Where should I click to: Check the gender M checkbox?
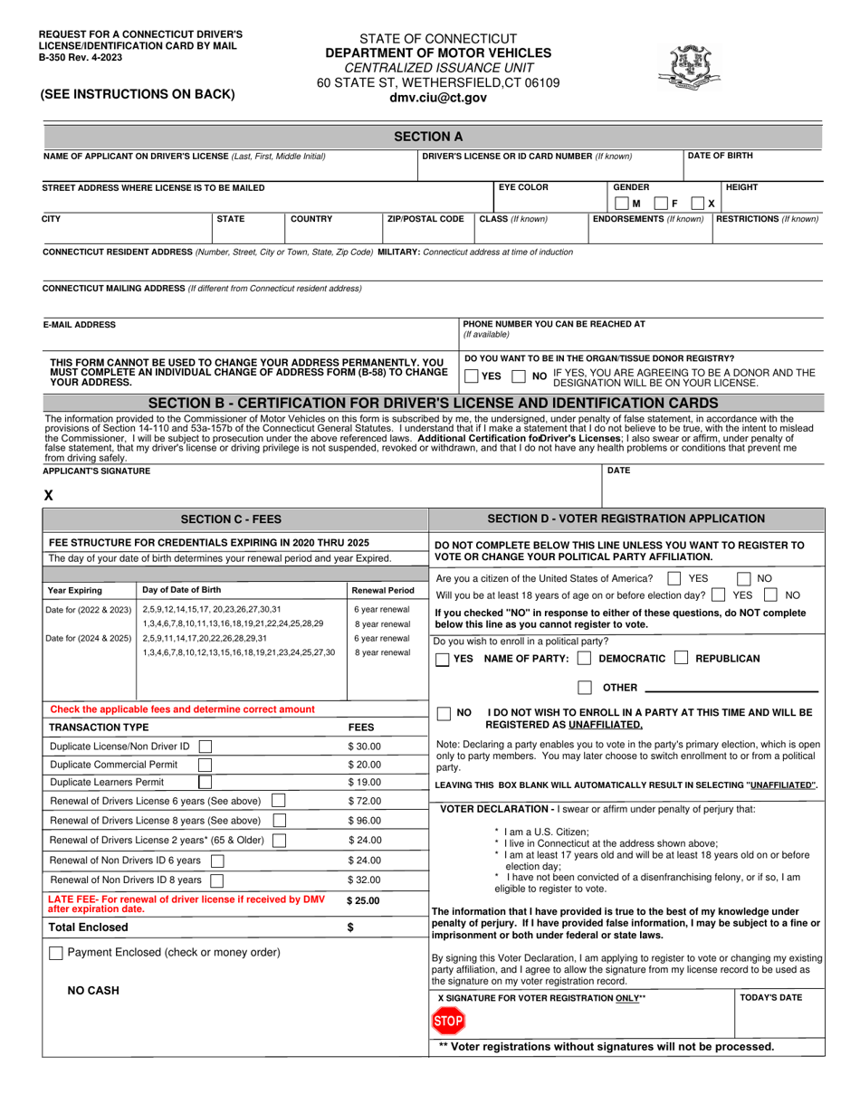tap(621, 204)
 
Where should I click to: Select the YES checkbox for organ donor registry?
tap(471, 376)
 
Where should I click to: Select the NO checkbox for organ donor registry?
tap(518, 376)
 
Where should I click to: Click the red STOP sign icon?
tap(447, 1022)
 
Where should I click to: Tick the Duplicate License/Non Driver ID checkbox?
tap(205, 747)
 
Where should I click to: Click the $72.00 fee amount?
tap(365, 802)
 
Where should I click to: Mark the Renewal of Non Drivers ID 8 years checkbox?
tap(217, 880)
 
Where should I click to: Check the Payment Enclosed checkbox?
tap(56, 953)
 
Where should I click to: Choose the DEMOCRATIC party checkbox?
tap(584, 659)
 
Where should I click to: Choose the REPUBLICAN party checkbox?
tap(682, 659)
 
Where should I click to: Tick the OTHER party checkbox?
tap(585, 688)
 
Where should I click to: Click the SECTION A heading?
tap(429, 137)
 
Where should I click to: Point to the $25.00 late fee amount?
tap(364, 901)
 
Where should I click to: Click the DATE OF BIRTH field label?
tap(720, 156)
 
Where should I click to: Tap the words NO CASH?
tap(93, 991)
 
